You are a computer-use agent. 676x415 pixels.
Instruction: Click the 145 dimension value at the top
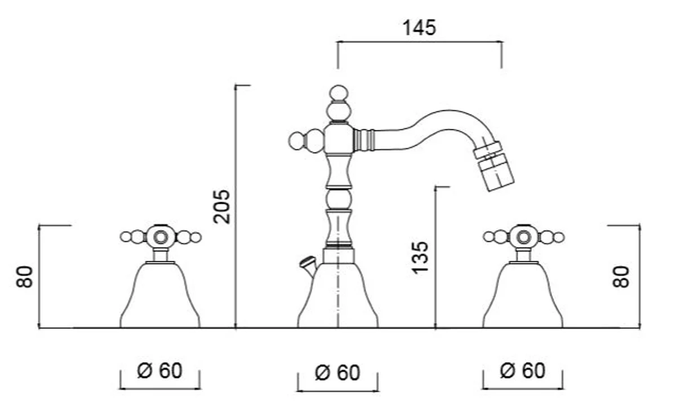click(419, 27)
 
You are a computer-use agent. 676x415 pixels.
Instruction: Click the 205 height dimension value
click(223, 206)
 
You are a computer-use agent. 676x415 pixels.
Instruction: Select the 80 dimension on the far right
click(621, 276)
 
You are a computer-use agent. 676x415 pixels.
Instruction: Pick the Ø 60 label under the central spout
click(337, 372)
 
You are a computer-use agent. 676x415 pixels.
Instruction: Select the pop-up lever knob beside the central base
click(306, 262)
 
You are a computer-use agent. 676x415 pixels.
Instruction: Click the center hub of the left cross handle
click(161, 236)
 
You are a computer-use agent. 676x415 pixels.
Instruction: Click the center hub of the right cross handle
click(523, 236)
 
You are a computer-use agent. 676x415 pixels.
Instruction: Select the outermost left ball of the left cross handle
click(125, 237)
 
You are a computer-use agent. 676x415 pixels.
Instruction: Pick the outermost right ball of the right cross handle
click(558, 237)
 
